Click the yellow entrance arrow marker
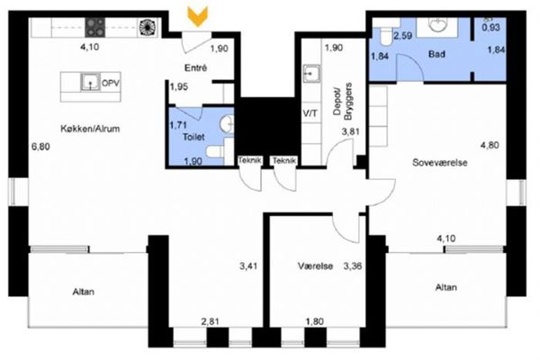(x=198, y=16)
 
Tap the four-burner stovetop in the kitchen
(x=95, y=28)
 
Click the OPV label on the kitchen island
(x=111, y=83)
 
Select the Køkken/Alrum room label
(x=90, y=129)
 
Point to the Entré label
(x=195, y=67)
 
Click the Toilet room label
(x=193, y=137)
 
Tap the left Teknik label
(x=250, y=160)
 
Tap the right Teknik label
(x=284, y=160)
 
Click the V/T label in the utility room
(x=310, y=113)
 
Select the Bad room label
(x=436, y=54)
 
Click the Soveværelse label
(x=440, y=163)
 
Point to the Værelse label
(x=315, y=266)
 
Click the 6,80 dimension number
(x=40, y=147)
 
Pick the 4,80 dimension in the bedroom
(x=490, y=146)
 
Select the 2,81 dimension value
(x=210, y=321)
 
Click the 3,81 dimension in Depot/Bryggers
(x=350, y=131)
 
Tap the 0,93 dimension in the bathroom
(x=490, y=27)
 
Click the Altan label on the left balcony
(x=84, y=292)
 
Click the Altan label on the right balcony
(x=446, y=287)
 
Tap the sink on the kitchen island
(x=91, y=82)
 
